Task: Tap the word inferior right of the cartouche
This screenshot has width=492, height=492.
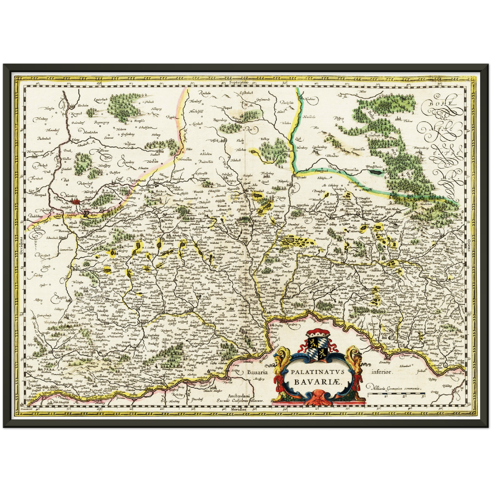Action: point(383,372)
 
